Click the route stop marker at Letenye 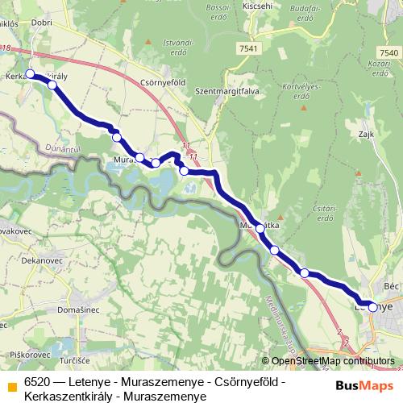[372, 306]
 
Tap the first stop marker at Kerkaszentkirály [31, 74]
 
